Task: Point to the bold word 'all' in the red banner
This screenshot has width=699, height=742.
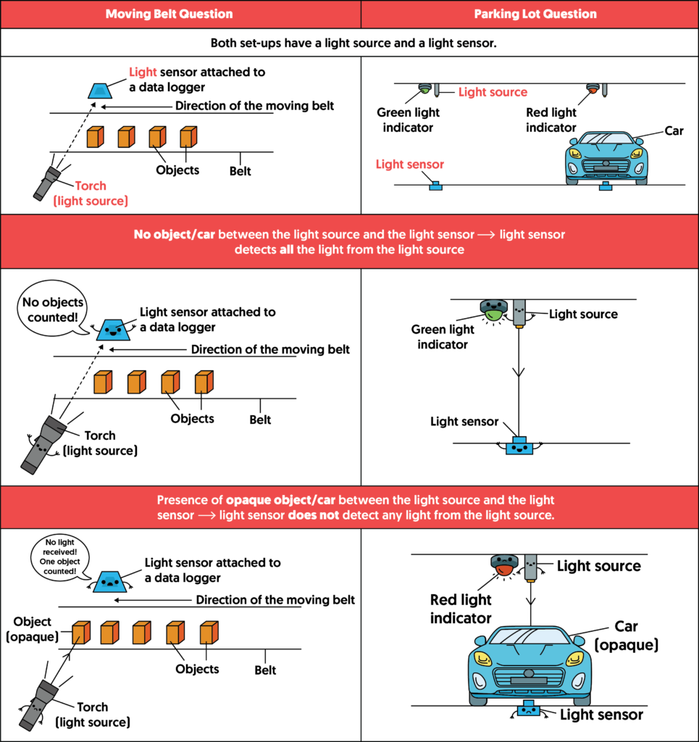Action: (x=287, y=250)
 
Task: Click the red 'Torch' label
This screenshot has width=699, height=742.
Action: (x=91, y=186)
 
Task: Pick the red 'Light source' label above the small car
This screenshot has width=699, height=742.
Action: (x=493, y=93)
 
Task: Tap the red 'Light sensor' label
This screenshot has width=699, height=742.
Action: (x=410, y=164)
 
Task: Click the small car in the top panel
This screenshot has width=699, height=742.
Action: (x=606, y=157)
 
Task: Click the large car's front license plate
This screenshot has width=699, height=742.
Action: (x=529, y=681)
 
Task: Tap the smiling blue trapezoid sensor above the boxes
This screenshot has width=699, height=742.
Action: (x=113, y=330)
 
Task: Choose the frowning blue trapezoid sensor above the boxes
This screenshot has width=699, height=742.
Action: (x=109, y=581)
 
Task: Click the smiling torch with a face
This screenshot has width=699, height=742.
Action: (x=43, y=444)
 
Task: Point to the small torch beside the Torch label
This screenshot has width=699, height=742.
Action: (x=47, y=183)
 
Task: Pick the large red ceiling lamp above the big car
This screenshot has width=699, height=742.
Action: (x=504, y=565)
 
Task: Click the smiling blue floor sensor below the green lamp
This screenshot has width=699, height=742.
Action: (x=519, y=446)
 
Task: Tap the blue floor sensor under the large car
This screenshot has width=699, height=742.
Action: (x=529, y=710)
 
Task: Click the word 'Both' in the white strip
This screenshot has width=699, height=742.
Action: (x=224, y=43)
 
